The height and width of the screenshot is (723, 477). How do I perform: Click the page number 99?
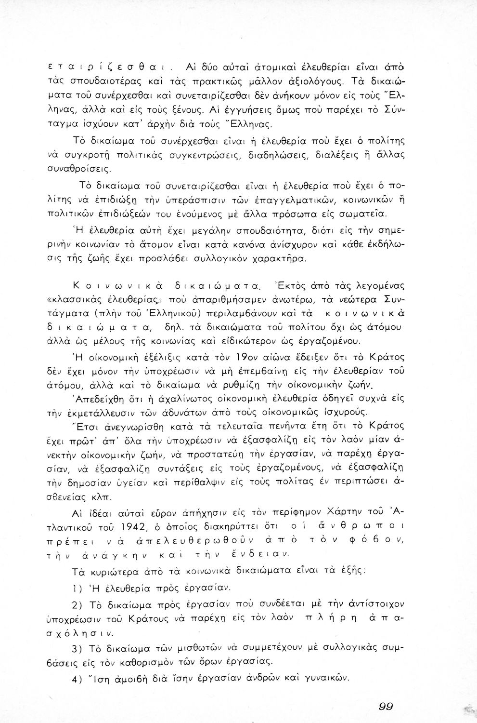pos(386,707)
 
